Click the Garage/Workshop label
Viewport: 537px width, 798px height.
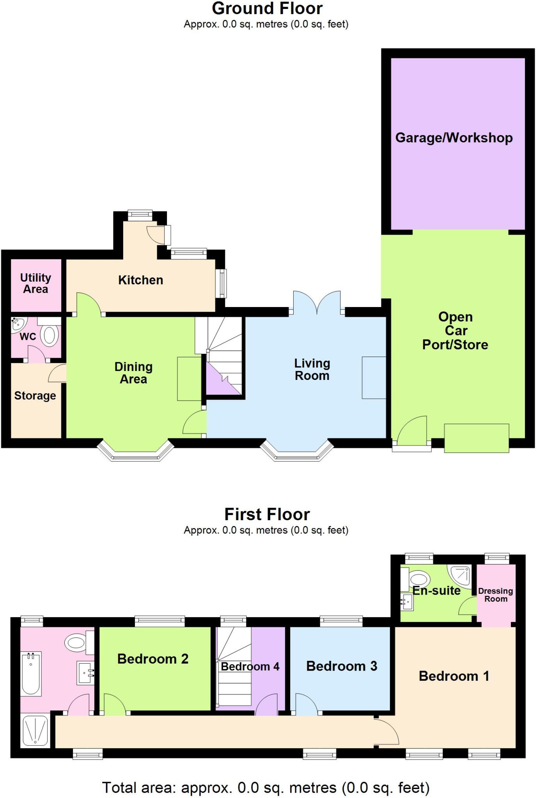(454, 138)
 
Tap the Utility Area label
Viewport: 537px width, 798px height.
(35, 283)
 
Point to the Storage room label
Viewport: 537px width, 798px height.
(35, 396)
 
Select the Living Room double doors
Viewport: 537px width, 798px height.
(317, 304)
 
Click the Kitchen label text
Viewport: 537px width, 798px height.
(140, 280)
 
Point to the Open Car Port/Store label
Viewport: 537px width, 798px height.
(455, 331)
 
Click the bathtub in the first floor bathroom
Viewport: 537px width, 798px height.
(31, 674)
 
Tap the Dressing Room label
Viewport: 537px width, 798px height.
(496, 595)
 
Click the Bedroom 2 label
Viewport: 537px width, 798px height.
(153, 659)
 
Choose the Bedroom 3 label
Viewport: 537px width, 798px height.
(342, 666)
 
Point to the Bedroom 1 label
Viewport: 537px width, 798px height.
(454, 676)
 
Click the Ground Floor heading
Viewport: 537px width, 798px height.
(267, 9)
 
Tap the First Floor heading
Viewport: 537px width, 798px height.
(267, 514)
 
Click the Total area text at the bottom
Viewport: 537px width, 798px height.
(266, 787)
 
